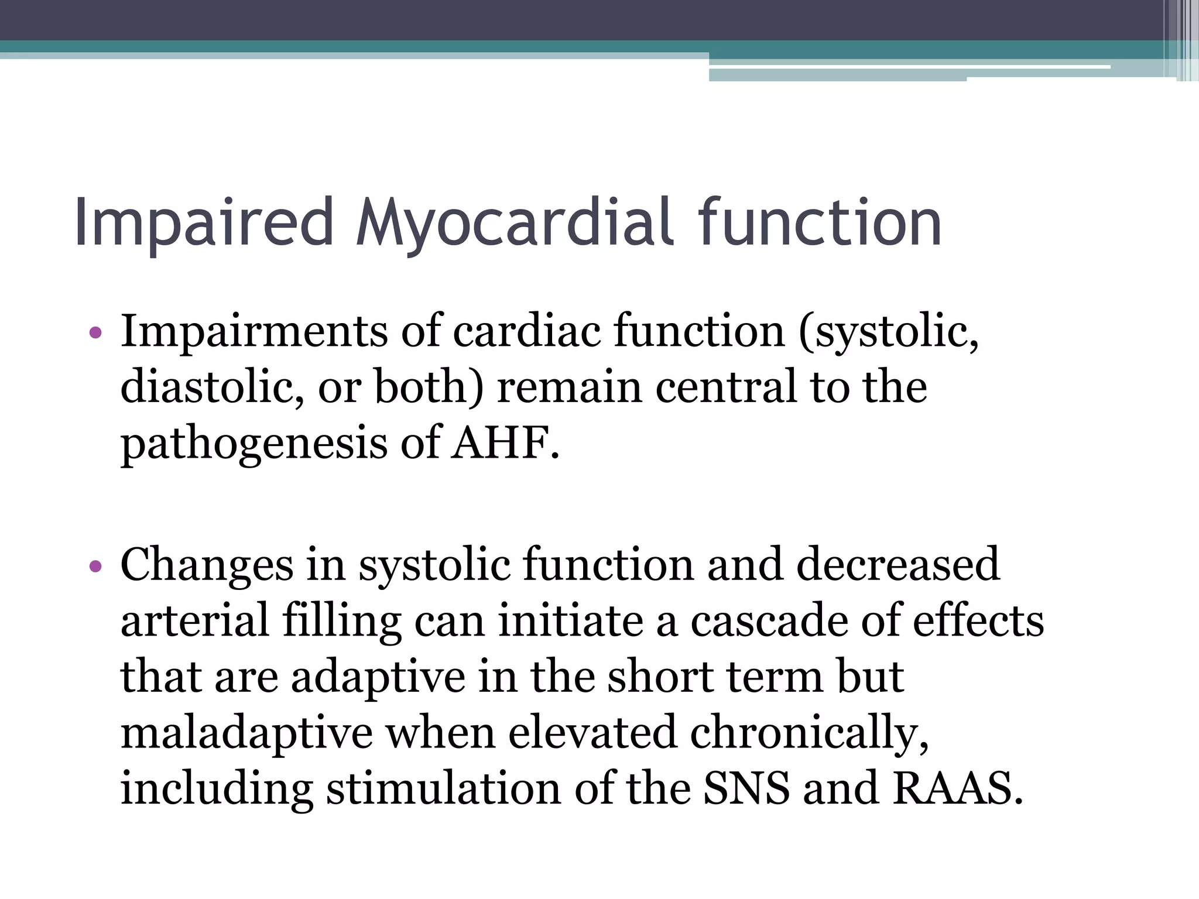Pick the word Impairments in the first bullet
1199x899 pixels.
point(253,331)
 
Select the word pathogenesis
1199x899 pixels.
point(253,443)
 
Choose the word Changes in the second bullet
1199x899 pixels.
point(207,564)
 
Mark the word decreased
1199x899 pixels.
point(897,564)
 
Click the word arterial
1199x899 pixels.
point(195,620)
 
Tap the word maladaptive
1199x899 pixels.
point(246,732)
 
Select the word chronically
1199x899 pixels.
point(809,732)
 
